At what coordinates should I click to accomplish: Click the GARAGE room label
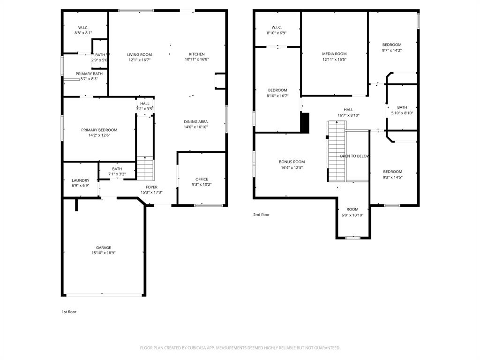coord(104,247)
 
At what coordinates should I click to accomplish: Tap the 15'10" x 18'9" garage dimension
coord(104,253)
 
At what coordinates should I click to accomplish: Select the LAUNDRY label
coord(81,180)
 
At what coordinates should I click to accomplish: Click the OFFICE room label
coord(202,179)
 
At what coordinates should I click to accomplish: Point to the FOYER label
coord(151,187)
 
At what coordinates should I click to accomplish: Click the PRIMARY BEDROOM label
coord(99,130)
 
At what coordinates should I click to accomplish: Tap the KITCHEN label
coord(196,54)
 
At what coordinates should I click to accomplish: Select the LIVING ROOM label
coord(139,54)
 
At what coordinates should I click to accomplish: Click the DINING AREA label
coord(195,122)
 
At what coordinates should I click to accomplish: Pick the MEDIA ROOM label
coord(334,54)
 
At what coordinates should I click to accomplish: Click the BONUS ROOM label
coord(292,162)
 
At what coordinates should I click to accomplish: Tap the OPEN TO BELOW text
coord(355,156)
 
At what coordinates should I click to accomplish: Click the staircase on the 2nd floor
coord(336,151)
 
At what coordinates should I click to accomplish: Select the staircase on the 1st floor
coord(145,169)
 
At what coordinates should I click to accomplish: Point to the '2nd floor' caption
coord(262,215)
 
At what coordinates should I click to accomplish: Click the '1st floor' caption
coord(69,312)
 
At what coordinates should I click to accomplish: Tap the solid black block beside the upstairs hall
coord(305,123)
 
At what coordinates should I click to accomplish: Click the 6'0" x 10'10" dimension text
coord(352,215)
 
